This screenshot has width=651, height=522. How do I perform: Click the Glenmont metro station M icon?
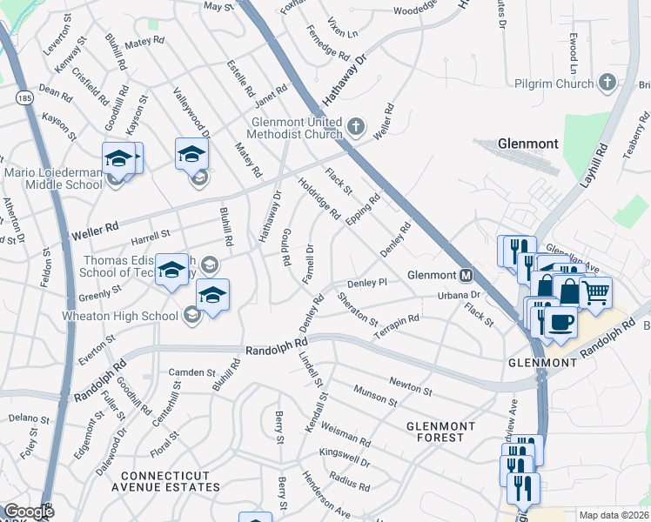(466, 276)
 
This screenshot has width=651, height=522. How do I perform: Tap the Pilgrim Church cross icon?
(607, 84)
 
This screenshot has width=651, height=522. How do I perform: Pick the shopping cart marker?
(595, 293)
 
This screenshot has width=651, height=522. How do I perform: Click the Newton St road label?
(411, 385)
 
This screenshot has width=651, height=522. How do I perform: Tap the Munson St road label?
(374, 397)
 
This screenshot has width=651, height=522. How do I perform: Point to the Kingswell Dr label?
(344, 458)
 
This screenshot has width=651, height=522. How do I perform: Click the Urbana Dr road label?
(459, 296)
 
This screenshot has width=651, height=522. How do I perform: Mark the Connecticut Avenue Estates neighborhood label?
(171, 481)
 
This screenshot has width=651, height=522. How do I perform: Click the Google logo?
(29, 512)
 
